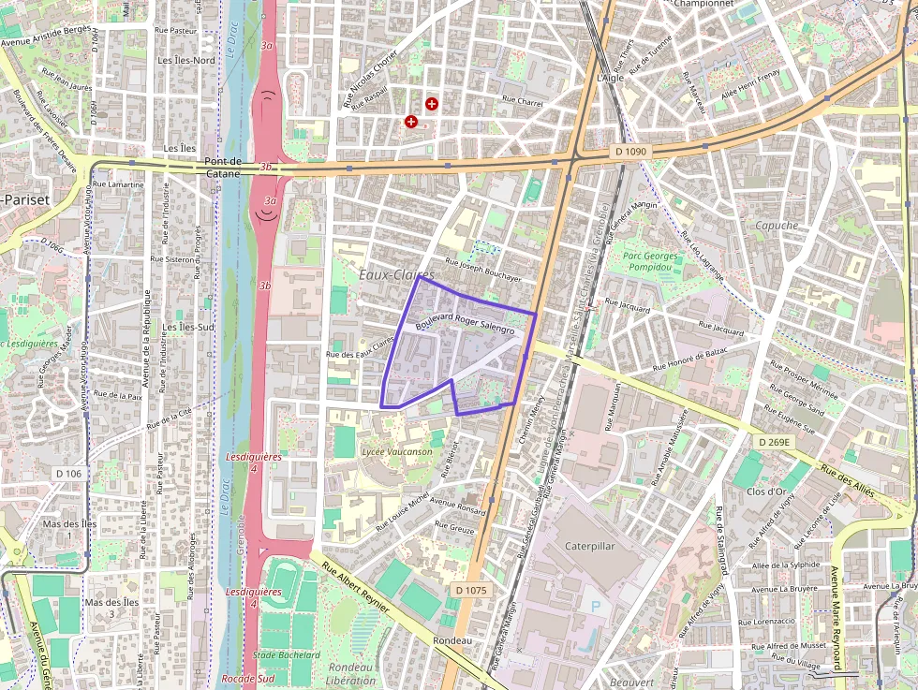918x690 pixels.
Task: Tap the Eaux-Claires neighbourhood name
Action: pos(397,274)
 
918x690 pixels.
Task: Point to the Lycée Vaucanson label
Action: pos(397,451)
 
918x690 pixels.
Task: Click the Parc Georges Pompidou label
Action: pos(650,261)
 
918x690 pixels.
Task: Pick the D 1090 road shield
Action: pos(632,151)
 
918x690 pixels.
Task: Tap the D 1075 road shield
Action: pos(471,590)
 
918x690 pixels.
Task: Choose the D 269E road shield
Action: pos(775,441)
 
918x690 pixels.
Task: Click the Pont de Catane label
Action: pos(223,167)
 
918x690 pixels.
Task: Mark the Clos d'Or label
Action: pos(766,492)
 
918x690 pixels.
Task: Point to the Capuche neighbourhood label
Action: pos(777,226)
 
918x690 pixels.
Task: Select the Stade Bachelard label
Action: pos(287,655)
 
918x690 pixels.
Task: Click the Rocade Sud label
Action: pos(248,679)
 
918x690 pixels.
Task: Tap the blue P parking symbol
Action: pos(596,607)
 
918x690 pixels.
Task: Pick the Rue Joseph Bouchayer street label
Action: pos(482,270)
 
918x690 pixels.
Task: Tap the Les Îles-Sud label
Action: pos(187,328)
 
